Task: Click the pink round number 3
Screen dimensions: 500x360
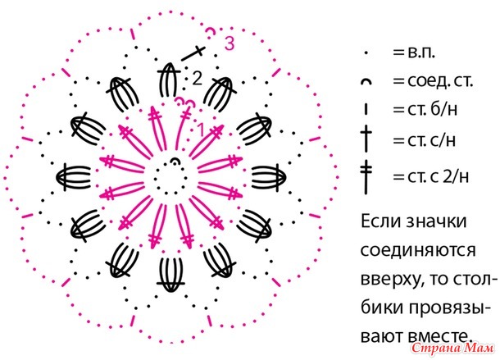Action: tap(230, 43)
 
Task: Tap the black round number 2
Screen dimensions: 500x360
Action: tap(197, 78)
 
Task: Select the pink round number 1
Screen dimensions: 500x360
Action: tap(201, 130)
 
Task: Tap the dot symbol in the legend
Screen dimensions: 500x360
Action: tap(366, 53)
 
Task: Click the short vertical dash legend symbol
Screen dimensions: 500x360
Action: tap(366, 109)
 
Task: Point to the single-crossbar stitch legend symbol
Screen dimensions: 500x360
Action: tap(366, 139)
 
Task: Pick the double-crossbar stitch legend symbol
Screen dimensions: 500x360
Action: tap(366, 177)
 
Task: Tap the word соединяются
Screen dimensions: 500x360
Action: tap(418, 251)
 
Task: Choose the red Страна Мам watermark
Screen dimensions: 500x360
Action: tap(453, 349)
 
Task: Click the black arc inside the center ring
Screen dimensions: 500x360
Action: tap(175, 161)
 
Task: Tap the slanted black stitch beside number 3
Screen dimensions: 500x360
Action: tap(193, 53)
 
